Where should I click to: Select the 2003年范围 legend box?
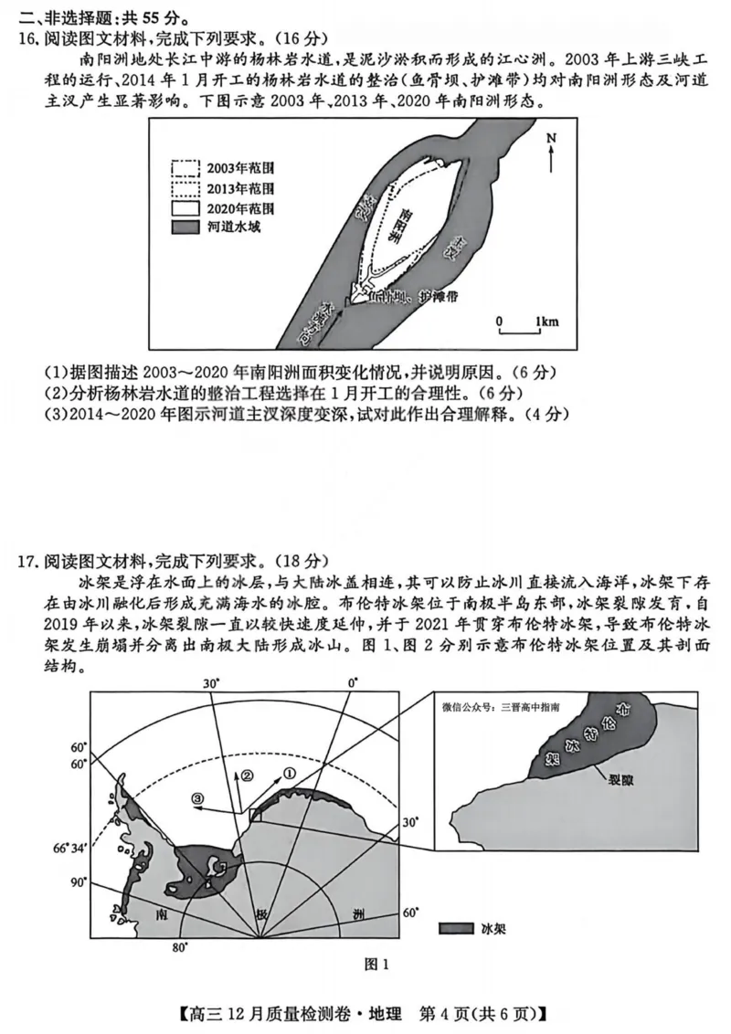point(185,168)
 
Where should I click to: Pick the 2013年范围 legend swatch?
point(185,188)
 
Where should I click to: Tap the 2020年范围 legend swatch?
point(185,207)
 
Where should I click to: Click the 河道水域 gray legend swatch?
point(185,227)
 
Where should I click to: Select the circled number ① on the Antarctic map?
point(291,772)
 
